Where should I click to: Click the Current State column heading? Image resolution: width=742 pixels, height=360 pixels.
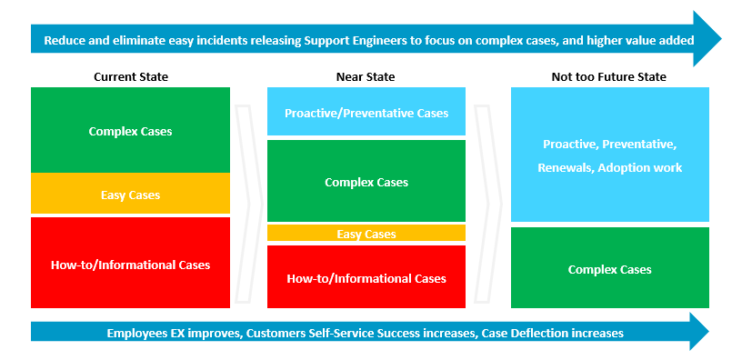(x=131, y=76)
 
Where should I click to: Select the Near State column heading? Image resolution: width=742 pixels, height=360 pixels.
(x=366, y=76)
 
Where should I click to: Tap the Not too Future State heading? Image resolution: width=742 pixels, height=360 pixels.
(x=608, y=76)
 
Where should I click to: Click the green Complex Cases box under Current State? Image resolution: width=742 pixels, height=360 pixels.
(x=130, y=130)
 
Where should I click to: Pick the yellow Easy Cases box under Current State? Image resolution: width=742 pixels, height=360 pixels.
(x=130, y=194)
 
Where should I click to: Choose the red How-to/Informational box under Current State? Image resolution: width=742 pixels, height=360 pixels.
(x=130, y=263)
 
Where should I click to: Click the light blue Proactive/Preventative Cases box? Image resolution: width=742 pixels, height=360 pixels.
(x=366, y=112)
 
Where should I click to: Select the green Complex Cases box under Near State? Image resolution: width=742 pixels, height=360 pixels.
(x=366, y=181)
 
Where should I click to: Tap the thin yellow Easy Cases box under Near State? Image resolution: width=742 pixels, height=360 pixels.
(x=366, y=233)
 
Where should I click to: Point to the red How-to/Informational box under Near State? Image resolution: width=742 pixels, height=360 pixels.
(x=366, y=276)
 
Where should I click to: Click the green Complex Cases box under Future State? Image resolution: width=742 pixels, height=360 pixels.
(x=610, y=268)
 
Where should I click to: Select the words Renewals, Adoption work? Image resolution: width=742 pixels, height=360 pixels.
(x=610, y=168)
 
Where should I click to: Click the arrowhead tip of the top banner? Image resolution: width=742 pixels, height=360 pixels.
(x=722, y=39)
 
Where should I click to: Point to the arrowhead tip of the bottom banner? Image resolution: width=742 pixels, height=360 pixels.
(x=709, y=332)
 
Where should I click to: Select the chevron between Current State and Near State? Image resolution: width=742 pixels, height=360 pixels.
(x=248, y=204)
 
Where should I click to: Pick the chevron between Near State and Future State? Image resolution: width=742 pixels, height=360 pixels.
(x=487, y=204)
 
